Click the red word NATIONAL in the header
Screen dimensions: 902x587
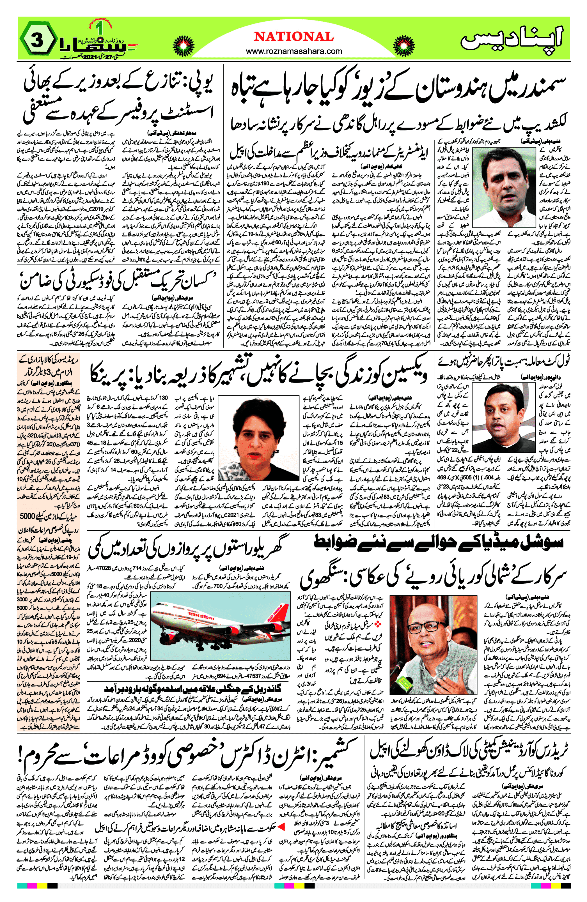click(293, 37)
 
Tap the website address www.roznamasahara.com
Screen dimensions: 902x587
click(293, 51)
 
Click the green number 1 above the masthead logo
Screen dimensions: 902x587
click(100, 28)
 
